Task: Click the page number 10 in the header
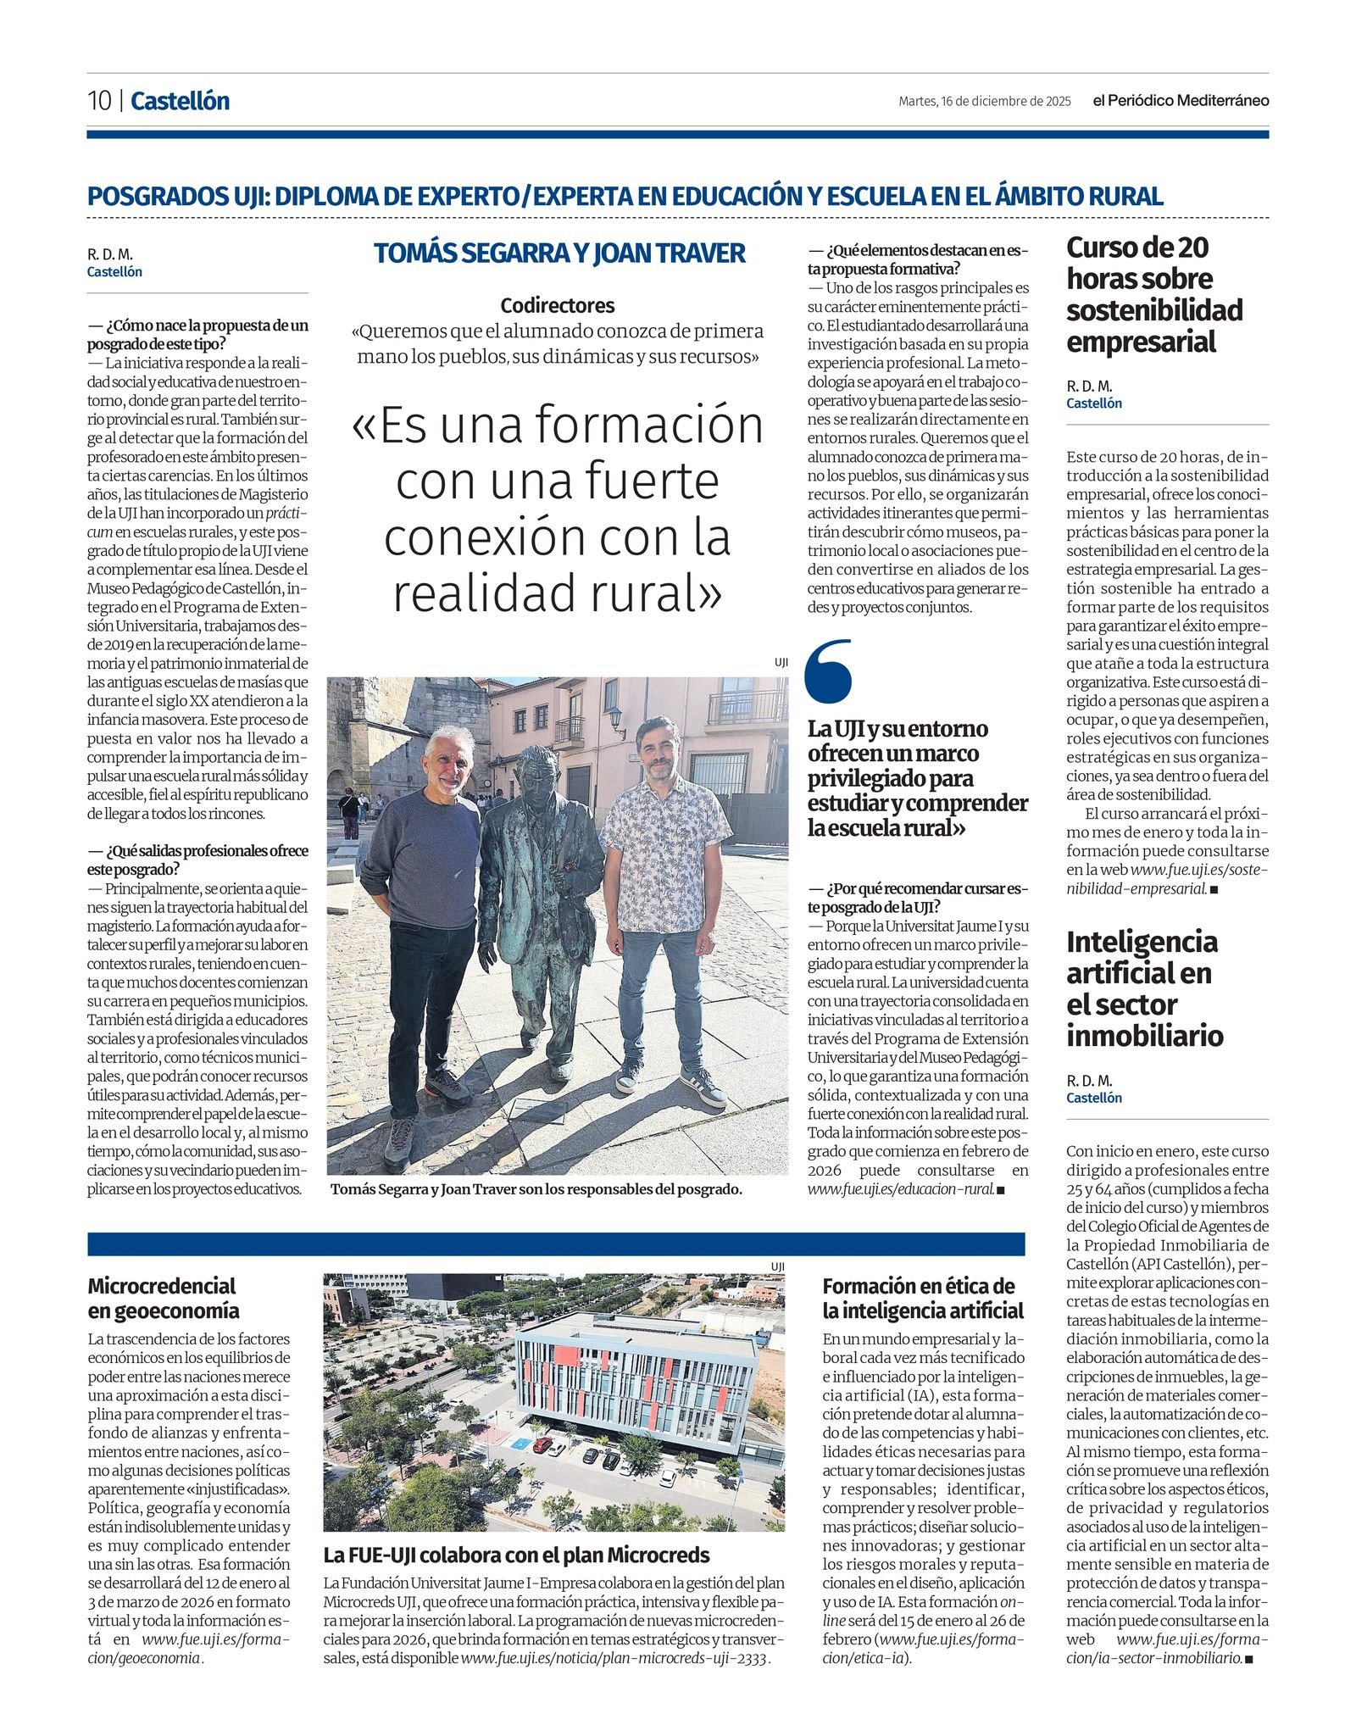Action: (x=99, y=101)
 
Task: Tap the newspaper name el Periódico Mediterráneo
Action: (x=1180, y=101)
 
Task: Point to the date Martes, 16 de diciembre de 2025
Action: (x=984, y=102)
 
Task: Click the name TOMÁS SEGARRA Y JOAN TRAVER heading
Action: (x=559, y=253)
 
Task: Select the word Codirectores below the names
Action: (x=557, y=305)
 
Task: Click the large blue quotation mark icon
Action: (x=828, y=671)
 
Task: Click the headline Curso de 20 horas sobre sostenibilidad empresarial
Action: (x=1153, y=294)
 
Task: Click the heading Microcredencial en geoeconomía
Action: (x=163, y=1298)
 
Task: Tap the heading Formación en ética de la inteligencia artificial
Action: (x=922, y=1298)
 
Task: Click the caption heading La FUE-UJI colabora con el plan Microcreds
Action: (x=516, y=1555)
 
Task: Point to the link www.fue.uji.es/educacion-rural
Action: (x=901, y=1188)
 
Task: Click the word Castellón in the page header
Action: (x=180, y=101)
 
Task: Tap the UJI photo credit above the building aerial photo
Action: (x=777, y=1266)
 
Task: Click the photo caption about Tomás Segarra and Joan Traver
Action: (x=536, y=1189)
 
